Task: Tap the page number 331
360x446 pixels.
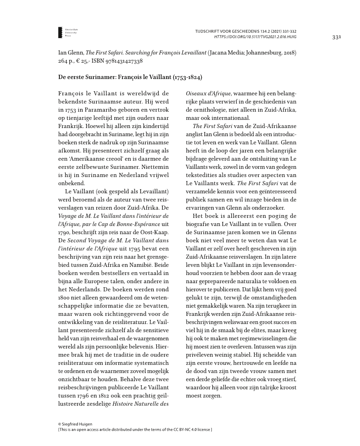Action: click(x=336, y=37)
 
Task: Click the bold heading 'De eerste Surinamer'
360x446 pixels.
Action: click(x=130, y=78)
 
